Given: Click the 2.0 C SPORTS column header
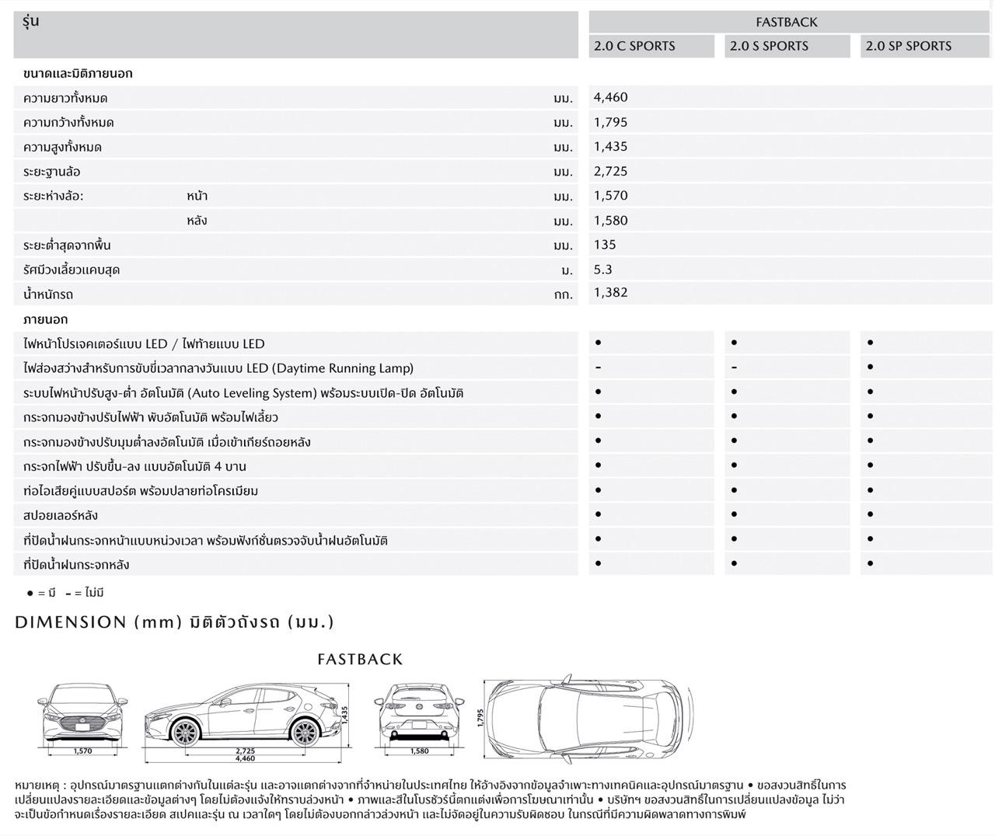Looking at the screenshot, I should coord(634,46).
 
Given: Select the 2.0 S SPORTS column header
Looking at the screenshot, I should coord(769,46).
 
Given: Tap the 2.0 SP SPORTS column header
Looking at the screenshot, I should coord(908,46).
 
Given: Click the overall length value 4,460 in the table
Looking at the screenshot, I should coord(610,97).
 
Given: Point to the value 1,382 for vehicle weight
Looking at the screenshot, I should coord(610,293).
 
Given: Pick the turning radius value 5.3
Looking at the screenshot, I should coord(602,269).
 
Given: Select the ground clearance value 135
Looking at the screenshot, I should coord(604,245).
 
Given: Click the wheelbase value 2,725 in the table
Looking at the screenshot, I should coord(610,171).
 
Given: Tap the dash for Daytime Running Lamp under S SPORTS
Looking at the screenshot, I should coord(734,367).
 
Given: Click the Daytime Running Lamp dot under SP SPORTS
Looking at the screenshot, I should coord(870,367).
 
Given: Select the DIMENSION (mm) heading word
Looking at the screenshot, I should coord(70,622).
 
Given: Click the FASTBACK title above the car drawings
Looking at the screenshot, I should coord(360,660).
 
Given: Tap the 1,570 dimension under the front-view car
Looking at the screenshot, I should coord(82,751).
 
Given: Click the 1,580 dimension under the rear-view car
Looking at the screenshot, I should coord(419,751).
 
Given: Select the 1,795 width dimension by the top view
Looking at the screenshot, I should coord(480,717).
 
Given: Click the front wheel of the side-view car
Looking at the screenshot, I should coord(184,733).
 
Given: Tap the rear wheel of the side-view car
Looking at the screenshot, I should coord(304,733).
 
